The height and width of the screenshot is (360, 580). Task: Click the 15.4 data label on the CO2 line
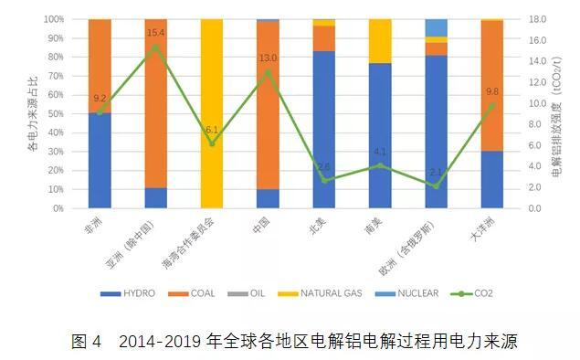click(155, 34)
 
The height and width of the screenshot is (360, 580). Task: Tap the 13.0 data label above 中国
click(268, 58)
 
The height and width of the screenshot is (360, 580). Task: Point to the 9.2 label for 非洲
click(100, 98)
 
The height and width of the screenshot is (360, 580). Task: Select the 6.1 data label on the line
click(212, 130)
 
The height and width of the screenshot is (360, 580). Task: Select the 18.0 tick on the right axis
click(535, 18)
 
